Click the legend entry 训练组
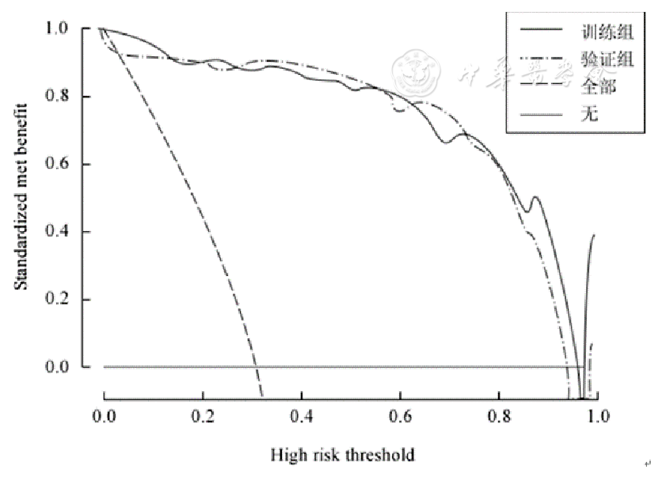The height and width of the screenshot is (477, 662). [595, 32]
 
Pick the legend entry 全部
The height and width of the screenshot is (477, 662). [589, 86]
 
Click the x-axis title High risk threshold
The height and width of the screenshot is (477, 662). [343, 456]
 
